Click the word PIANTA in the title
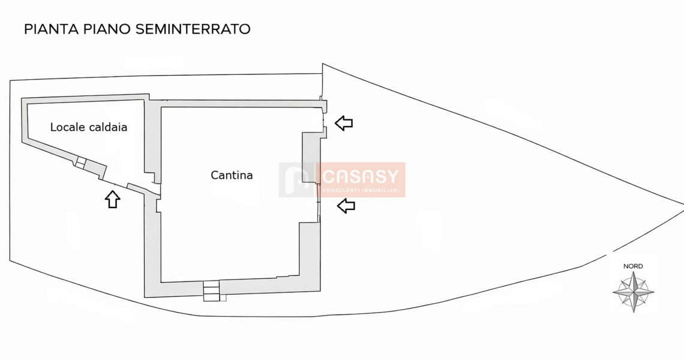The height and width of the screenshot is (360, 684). click(x=51, y=29)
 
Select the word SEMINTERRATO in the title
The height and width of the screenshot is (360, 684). click(x=193, y=29)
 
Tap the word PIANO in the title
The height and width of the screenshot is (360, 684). click(x=107, y=29)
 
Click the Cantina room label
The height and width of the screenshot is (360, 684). click(x=232, y=175)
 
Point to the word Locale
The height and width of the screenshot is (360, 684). click(x=68, y=127)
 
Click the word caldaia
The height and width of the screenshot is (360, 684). click(x=108, y=127)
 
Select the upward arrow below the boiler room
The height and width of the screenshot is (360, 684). click(x=113, y=199)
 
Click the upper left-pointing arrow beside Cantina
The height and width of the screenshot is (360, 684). click(x=344, y=123)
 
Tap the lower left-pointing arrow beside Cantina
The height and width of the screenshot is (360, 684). click(x=346, y=206)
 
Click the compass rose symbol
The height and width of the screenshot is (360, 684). click(x=634, y=292)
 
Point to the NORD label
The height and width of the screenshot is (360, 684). click(x=633, y=266)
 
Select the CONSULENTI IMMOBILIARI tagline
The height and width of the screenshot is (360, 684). click(x=361, y=190)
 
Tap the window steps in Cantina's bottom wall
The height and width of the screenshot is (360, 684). click(x=212, y=291)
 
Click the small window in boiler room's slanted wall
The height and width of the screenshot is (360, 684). click(x=80, y=163)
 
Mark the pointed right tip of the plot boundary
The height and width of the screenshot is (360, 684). click(x=683, y=204)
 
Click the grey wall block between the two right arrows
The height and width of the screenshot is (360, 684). click(x=311, y=158)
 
